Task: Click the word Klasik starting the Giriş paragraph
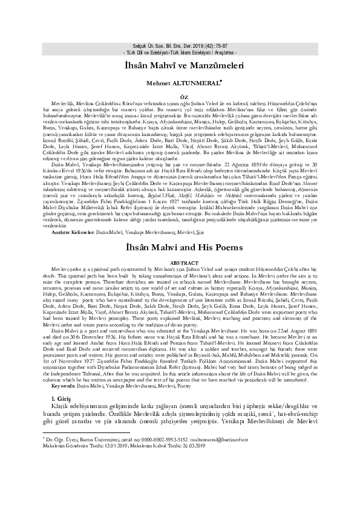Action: pyautogui.click(x=62, y=426)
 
